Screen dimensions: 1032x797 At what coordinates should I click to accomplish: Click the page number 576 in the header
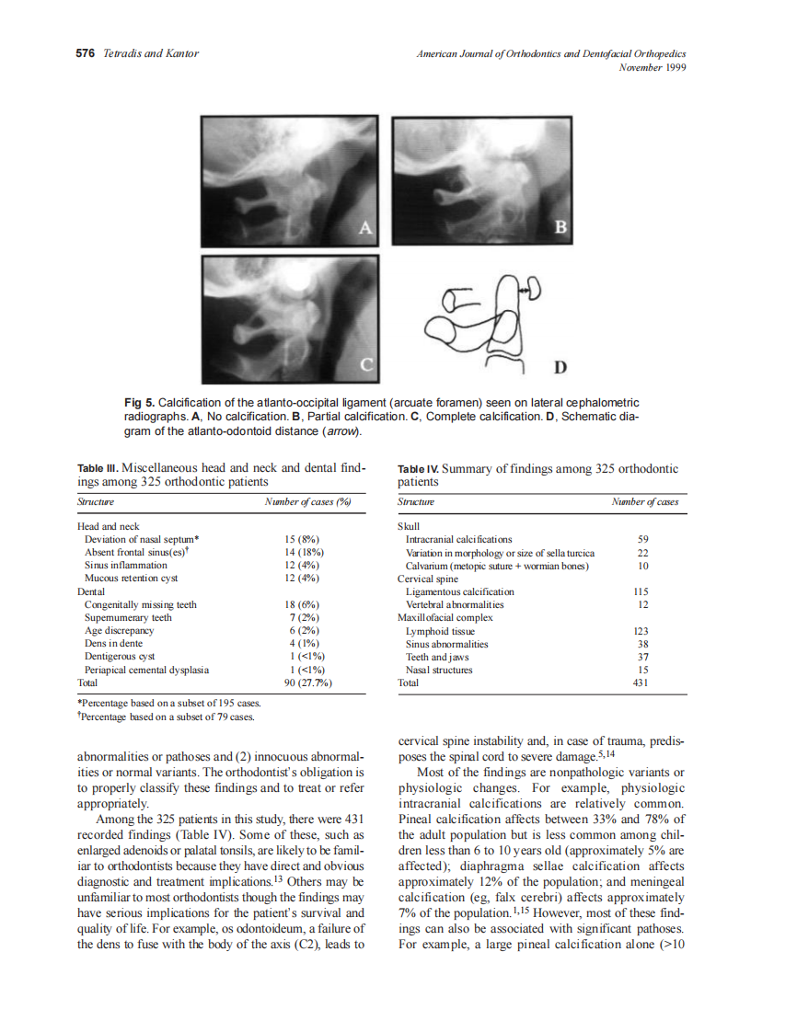tap(85, 53)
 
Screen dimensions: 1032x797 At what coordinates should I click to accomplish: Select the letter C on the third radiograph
tap(365, 365)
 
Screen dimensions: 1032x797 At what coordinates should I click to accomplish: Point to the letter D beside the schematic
tap(559, 368)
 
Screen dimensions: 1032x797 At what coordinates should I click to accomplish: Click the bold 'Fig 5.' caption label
tap(138, 403)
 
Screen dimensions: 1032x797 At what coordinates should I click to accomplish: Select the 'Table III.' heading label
tap(97, 469)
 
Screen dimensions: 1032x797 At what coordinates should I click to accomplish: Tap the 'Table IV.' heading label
tap(417, 469)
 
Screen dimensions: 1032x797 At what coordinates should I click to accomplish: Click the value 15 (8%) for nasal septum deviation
tap(303, 539)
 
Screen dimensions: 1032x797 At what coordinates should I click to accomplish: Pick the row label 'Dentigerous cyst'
tap(120, 658)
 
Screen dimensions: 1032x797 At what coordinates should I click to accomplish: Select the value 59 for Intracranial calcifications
tap(643, 539)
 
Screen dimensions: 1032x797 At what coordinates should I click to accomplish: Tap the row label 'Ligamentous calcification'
tap(459, 591)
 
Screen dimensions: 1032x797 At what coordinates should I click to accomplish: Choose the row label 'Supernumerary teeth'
tap(128, 618)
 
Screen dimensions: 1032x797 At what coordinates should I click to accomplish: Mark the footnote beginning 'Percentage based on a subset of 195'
tap(161, 704)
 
